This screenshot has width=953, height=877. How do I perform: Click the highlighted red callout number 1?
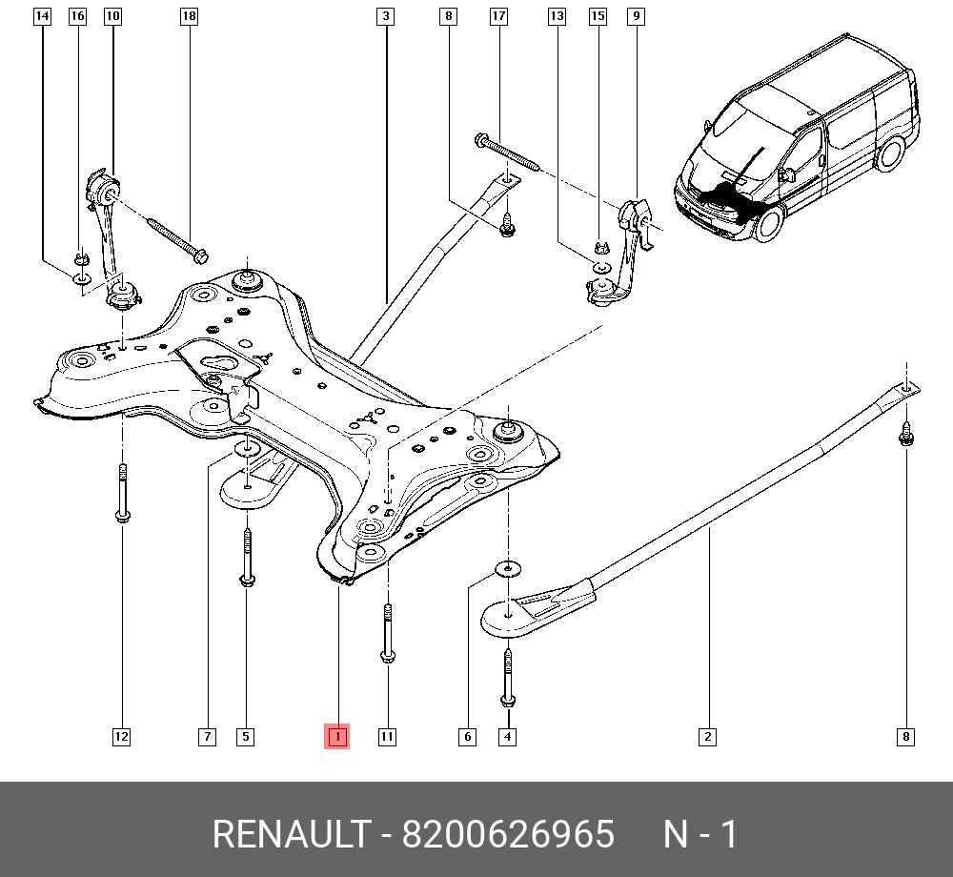(x=337, y=736)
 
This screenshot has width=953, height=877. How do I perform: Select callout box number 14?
(x=41, y=16)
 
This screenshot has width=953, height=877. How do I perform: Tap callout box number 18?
(x=189, y=16)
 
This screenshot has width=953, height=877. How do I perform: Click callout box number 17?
(x=498, y=16)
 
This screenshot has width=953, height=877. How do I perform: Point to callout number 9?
(x=636, y=16)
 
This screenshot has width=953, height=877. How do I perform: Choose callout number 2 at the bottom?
(x=707, y=736)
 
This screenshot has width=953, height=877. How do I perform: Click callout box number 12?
(x=121, y=736)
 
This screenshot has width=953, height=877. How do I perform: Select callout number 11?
(x=387, y=736)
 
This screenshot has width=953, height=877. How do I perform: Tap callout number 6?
(x=467, y=736)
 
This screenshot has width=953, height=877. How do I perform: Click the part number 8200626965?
(x=508, y=835)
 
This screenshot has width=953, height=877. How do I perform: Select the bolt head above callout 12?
(x=122, y=517)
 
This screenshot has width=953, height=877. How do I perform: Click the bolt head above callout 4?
(x=508, y=702)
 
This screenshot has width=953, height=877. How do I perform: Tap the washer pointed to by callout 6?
(x=506, y=570)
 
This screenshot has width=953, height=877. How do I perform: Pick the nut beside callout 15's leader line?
(x=599, y=249)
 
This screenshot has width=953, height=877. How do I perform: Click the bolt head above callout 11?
(x=387, y=655)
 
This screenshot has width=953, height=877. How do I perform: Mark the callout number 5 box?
(x=246, y=736)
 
